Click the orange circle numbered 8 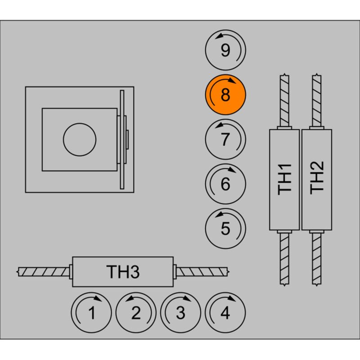[x=225, y=95]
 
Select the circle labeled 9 [x=225, y=50]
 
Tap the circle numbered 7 [x=225, y=139]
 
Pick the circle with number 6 [x=225, y=184]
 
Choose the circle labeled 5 [x=225, y=229]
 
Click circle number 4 [x=225, y=312]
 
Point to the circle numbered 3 [x=181, y=312]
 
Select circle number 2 [x=136, y=312]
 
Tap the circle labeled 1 [x=92, y=312]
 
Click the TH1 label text [x=285, y=179]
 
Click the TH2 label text [x=317, y=179]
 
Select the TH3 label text [x=123, y=272]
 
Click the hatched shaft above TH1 [x=284, y=100]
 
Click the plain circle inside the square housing [x=80, y=139]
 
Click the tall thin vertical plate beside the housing [x=122, y=139]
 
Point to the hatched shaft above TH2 [x=317, y=100]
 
